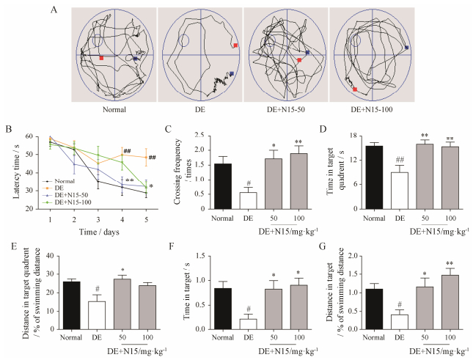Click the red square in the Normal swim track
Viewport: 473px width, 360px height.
pyautogui.click(x=101, y=57)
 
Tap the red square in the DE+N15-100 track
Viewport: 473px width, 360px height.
pyautogui.click(x=355, y=89)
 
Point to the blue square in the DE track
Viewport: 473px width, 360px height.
pyautogui.click(x=232, y=73)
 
